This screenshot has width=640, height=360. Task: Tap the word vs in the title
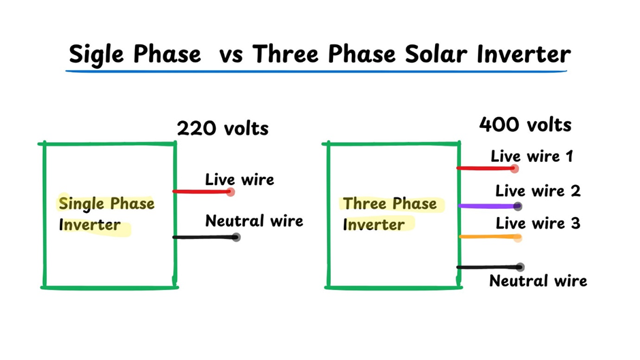click(x=234, y=54)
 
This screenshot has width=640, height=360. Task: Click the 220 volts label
click(x=223, y=128)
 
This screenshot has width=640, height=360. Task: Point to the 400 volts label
click(x=525, y=125)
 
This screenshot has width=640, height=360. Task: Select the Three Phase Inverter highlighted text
click(x=389, y=214)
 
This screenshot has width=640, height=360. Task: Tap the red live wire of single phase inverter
click(x=202, y=192)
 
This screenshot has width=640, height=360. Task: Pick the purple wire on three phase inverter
click(x=486, y=206)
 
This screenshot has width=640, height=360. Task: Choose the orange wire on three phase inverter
click(x=486, y=237)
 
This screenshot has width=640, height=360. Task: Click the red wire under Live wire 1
click(x=485, y=168)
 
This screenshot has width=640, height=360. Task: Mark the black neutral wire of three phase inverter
click(x=486, y=267)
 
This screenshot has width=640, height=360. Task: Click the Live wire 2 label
click(x=538, y=191)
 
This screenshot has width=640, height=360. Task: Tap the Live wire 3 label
click(x=538, y=223)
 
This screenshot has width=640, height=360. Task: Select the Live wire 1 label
click(x=532, y=157)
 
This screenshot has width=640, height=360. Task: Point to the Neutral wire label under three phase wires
click(x=538, y=280)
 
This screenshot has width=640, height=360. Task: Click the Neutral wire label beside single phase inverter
click(x=254, y=220)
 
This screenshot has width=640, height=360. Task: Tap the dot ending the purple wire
click(x=518, y=206)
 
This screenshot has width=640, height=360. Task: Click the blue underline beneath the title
click(x=317, y=71)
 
